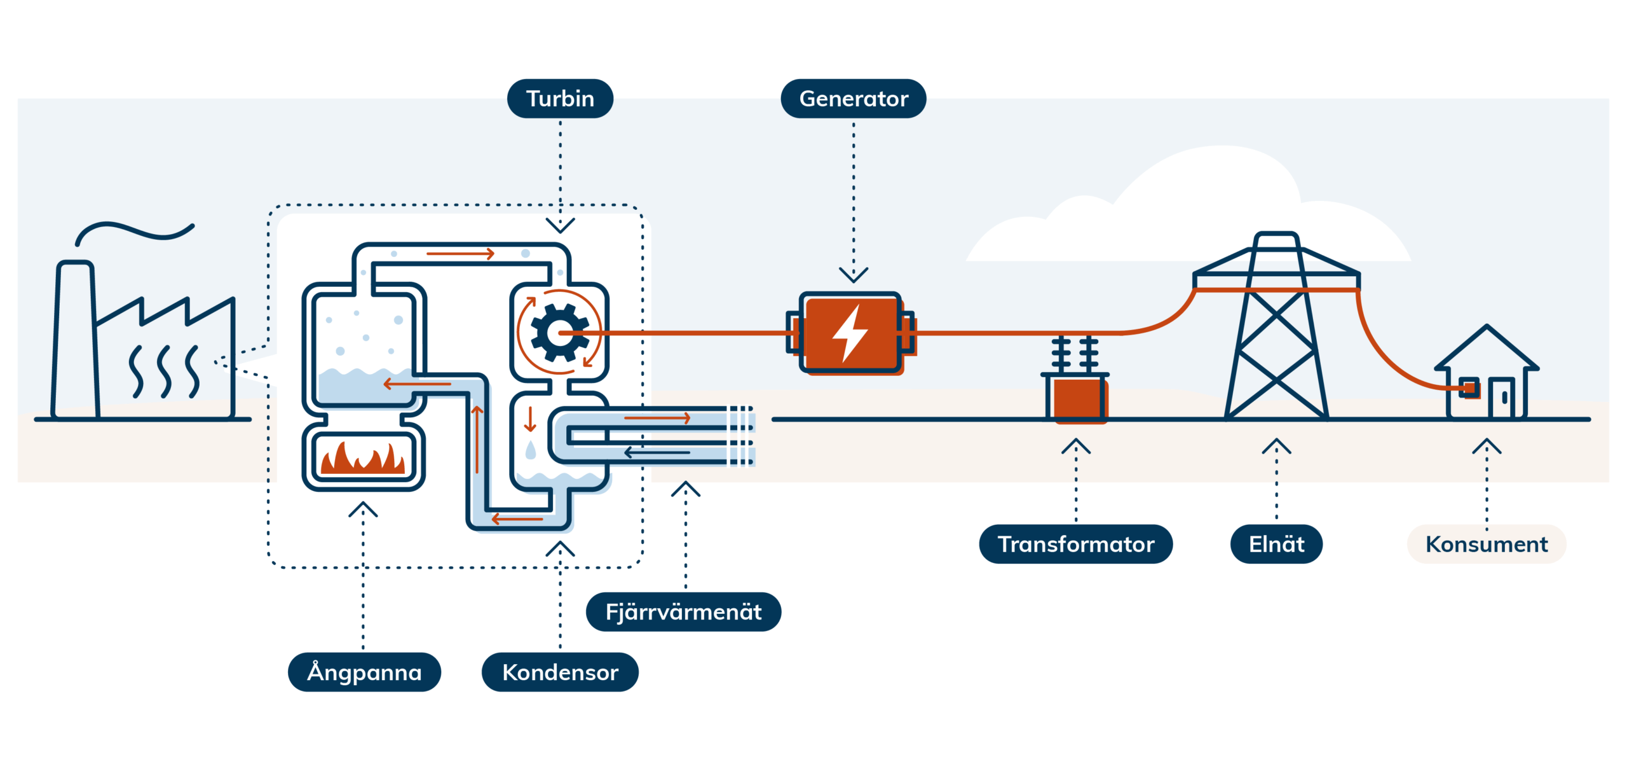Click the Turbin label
coord(560,99)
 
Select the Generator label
coord(853,99)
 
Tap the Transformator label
coord(1075,544)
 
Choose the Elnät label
coord(1276,544)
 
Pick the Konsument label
coord(1486,544)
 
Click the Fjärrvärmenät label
coord(683,611)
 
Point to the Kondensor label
coord(560,672)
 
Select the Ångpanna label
coord(364,672)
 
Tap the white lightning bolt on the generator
coord(850,333)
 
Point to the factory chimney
coord(76,337)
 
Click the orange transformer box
coord(1078,399)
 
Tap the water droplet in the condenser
coord(531,450)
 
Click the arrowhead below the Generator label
coord(853,275)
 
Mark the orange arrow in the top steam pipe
coord(460,254)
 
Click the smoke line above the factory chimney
coord(133,231)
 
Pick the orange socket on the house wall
coord(1469,387)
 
